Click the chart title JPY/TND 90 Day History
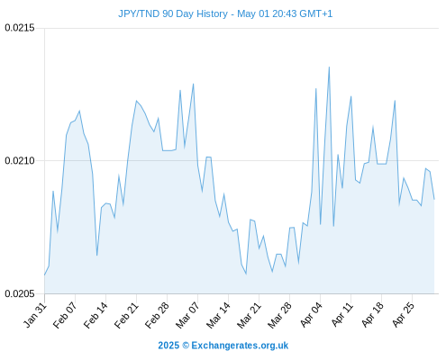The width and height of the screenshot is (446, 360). (173, 13)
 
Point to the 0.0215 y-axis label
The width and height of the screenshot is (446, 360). (20, 28)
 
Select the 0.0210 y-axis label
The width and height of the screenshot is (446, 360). (20, 161)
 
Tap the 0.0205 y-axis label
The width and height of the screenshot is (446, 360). (20, 293)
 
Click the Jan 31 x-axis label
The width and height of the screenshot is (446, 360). (35, 315)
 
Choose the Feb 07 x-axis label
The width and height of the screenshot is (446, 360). (66, 315)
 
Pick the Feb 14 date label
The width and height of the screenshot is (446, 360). (96, 315)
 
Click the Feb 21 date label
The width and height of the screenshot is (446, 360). (127, 315)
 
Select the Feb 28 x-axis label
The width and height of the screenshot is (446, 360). (158, 315)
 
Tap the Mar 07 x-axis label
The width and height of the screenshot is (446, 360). (188, 315)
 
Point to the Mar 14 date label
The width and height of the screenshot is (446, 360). (219, 315)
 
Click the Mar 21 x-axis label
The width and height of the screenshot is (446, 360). (250, 315)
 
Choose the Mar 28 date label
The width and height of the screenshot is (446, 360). (280, 315)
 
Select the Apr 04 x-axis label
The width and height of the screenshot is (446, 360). (311, 315)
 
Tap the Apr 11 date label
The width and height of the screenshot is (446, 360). (342, 315)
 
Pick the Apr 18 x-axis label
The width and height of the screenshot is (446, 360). (373, 315)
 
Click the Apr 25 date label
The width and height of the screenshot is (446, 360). (404, 315)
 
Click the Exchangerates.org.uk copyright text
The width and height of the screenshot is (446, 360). (223, 346)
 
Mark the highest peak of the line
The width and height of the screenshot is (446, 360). (329, 67)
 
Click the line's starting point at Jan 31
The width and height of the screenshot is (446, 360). (45, 274)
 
